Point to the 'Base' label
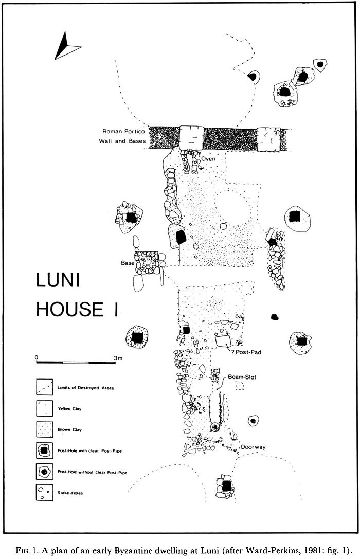coord(128,263)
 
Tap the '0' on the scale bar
coord(36,357)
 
